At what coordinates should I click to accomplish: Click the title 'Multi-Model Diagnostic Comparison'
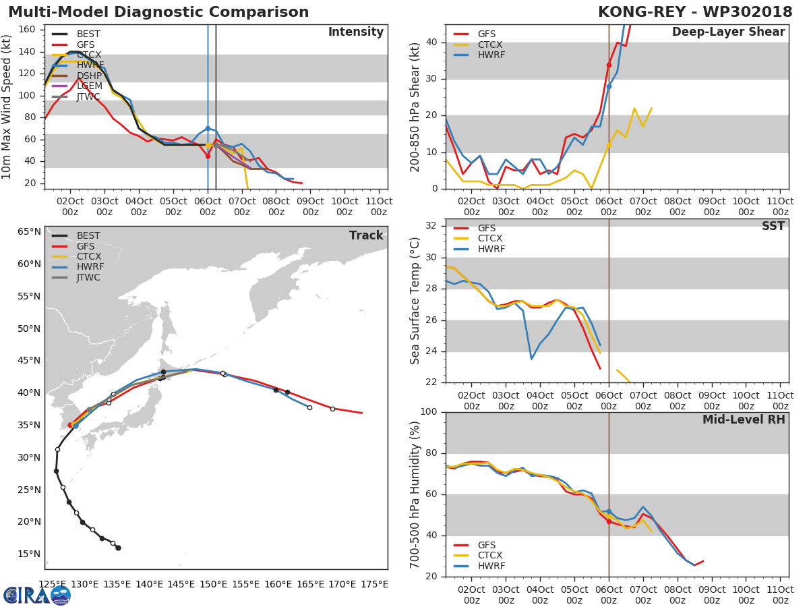[158, 12]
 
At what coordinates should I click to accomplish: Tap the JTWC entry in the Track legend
[88, 277]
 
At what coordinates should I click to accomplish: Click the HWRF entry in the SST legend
[491, 250]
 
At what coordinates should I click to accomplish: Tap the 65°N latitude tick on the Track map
[28, 232]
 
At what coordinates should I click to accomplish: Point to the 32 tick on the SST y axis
[432, 226]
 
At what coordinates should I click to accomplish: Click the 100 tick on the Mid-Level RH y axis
[429, 412]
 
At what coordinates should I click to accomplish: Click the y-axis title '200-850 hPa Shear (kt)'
[415, 107]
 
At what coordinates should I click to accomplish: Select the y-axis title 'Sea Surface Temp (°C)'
[415, 301]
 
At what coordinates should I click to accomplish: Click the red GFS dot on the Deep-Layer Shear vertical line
[609, 65]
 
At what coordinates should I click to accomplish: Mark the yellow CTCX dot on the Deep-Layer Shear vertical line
[609, 145]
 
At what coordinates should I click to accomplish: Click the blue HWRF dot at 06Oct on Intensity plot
[208, 128]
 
